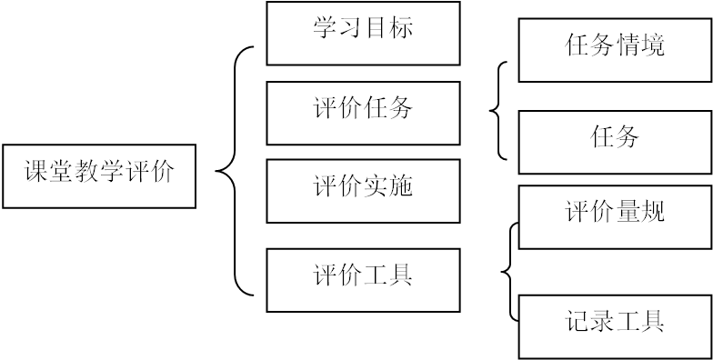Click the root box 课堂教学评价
(x=99, y=175)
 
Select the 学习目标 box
(x=363, y=34)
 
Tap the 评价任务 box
(x=363, y=113)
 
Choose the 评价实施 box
(x=363, y=191)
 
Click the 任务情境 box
(x=615, y=50)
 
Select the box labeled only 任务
(x=615, y=142)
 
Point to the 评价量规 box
(x=615, y=217)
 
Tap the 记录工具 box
(x=615, y=325)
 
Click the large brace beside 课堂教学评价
(x=234, y=171)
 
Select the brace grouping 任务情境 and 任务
(x=498, y=111)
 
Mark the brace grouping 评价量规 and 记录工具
(x=510, y=271)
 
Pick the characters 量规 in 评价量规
(x=640, y=213)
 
